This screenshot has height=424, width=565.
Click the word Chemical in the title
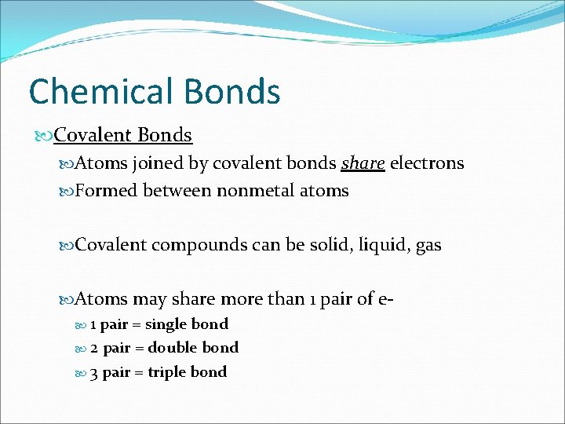(x=100, y=91)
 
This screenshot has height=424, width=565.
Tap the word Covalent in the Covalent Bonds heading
(x=93, y=135)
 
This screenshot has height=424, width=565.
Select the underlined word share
(x=363, y=163)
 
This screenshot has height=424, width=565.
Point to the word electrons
(x=427, y=163)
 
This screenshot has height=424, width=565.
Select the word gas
(x=428, y=246)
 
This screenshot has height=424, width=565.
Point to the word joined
(x=158, y=163)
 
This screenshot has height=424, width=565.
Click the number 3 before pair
(x=94, y=372)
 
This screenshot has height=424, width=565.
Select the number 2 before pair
(x=94, y=348)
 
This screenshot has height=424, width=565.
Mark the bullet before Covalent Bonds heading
(x=46, y=136)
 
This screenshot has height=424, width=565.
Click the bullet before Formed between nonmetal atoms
(x=67, y=192)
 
